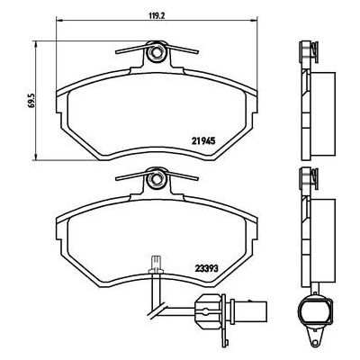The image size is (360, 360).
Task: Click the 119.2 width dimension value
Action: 157,15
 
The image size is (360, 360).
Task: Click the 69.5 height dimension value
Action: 32,100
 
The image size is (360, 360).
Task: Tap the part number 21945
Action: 203,141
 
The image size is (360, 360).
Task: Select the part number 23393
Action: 206,268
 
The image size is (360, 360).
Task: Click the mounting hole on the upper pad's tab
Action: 156,53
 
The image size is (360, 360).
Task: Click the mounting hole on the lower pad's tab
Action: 156,179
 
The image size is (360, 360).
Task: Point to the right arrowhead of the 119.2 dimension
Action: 255,21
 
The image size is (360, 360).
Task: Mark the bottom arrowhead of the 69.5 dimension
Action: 36,157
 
